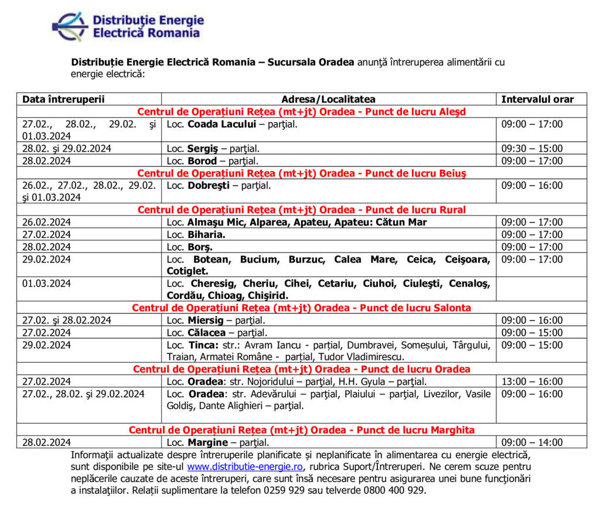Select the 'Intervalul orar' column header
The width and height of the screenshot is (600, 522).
[x=537, y=100]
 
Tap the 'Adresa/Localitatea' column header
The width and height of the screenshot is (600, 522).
[x=328, y=100]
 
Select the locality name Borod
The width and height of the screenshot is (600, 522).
[x=202, y=161]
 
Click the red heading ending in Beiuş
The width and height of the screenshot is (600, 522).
[x=302, y=173]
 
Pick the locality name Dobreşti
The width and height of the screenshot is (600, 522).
[x=209, y=186]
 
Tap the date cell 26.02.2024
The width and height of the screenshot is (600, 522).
[x=47, y=223]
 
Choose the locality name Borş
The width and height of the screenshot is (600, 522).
[x=200, y=247]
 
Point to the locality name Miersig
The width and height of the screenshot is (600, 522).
[x=205, y=320]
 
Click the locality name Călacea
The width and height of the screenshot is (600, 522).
[x=206, y=333]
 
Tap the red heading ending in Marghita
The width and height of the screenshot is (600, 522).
[x=302, y=430]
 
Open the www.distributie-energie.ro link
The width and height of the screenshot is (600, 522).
[x=245, y=467]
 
